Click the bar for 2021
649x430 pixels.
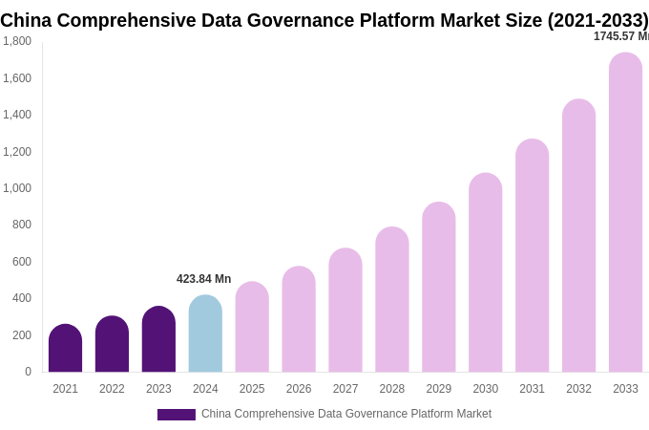(x=65, y=349)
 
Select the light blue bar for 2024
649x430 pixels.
(x=205, y=334)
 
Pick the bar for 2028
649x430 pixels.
(x=391, y=300)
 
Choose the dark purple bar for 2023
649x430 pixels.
(x=158, y=340)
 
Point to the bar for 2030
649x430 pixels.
(x=485, y=273)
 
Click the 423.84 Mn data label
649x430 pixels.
(x=203, y=279)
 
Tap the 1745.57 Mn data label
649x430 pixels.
(x=620, y=36)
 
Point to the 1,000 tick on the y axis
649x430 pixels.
(x=16, y=188)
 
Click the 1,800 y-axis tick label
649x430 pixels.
(x=16, y=41)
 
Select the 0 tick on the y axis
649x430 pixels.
(x=28, y=372)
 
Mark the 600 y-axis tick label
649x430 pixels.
(x=21, y=262)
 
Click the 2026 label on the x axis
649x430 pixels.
(x=299, y=389)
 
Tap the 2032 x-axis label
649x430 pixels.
(x=578, y=389)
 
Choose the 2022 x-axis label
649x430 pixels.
(x=112, y=389)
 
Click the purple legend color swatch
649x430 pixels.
(x=176, y=415)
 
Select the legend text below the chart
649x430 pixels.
(x=345, y=414)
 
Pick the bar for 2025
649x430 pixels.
(x=252, y=328)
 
